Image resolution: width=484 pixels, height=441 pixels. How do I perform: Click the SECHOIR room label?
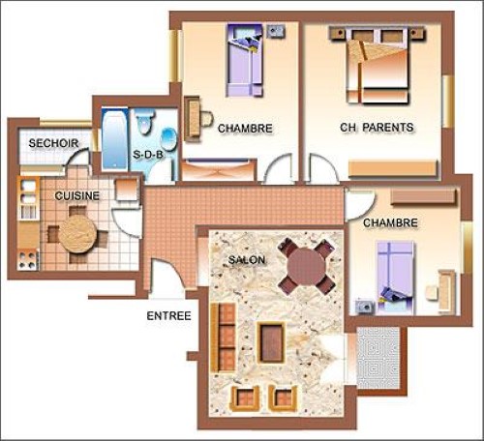[53, 143]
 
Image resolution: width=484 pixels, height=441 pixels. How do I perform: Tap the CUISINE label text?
[77, 195]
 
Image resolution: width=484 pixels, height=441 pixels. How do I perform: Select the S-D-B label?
[148, 155]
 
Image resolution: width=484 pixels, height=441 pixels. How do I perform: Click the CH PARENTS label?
[377, 128]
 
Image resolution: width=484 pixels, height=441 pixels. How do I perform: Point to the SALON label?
[247, 260]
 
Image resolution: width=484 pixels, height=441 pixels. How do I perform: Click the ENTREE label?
[168, 316]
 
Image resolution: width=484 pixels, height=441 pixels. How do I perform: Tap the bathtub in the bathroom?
[115, 139]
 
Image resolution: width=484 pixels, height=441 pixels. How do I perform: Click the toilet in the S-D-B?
[144, 121]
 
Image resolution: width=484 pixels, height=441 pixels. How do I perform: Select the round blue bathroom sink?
[168, 139]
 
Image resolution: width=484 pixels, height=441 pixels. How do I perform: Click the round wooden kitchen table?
[77, 234]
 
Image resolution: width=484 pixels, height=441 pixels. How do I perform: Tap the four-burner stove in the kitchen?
[27, 260]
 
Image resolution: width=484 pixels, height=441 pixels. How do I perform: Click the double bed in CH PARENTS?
[378, 66]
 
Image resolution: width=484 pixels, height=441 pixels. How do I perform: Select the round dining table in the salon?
[306, 266]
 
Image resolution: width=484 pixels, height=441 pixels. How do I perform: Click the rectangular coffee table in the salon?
[271, 342]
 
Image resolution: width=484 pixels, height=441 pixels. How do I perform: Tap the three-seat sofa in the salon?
[223, 338]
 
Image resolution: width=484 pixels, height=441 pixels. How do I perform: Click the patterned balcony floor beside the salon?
[378, 358]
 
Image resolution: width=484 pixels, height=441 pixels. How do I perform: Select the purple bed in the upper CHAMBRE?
[245, 60]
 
